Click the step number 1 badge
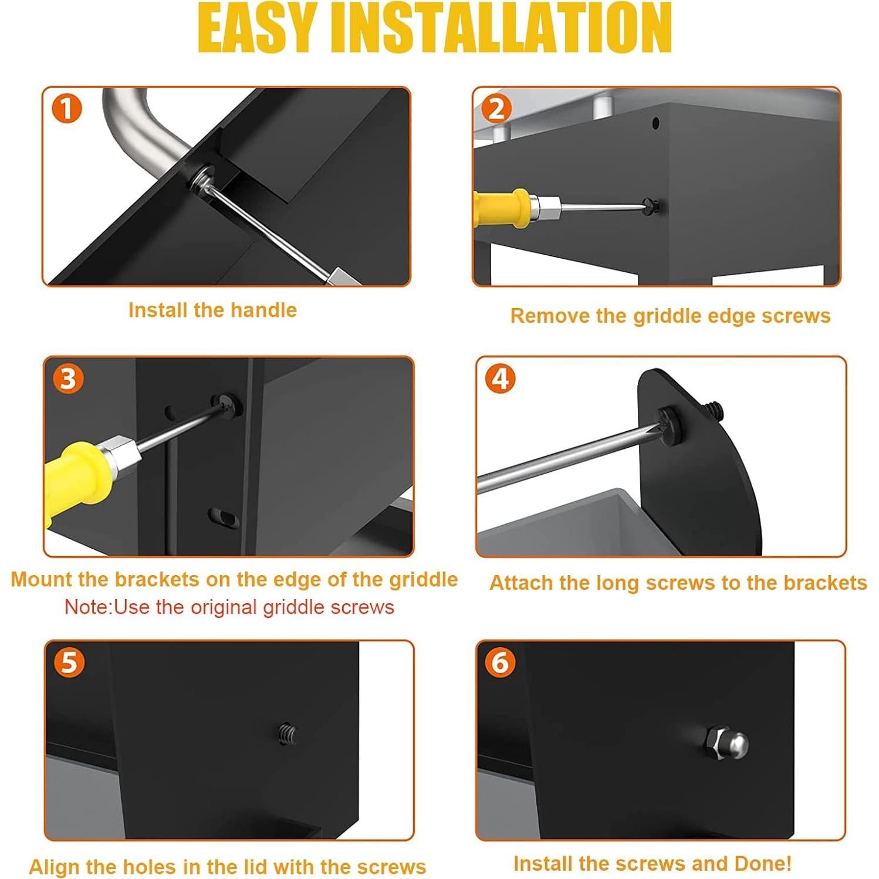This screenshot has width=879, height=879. coord(66,109)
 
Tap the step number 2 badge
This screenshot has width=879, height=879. coord(496,109)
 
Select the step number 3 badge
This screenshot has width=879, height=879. coord(68,378)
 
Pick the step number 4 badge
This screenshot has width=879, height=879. coord(500,378)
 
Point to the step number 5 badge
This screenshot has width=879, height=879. coord(69,662)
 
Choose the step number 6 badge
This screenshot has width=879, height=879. coord(500,662)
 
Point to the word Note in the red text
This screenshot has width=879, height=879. coord(87,607)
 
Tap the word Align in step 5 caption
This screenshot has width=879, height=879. coord(54,867)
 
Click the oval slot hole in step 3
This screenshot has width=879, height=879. coord(224,516)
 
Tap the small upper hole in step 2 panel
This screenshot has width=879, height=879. coord(655,123)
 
